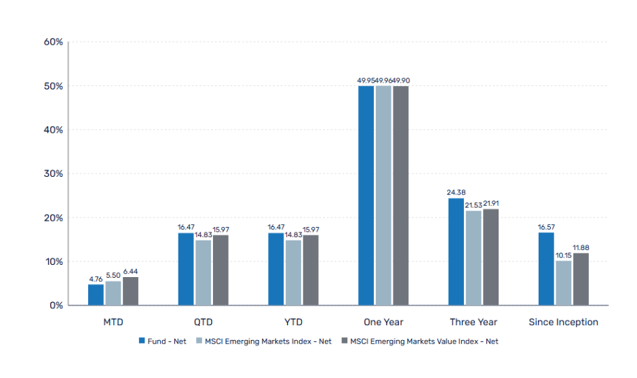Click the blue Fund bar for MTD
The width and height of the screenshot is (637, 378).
tap(96, 295)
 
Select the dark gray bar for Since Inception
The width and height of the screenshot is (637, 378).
tap(581, 279)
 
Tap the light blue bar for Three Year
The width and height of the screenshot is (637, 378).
tap(474, 258)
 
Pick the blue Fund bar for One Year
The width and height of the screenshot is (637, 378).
tap(366, 196)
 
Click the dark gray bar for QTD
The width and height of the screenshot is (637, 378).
tap(220, 270)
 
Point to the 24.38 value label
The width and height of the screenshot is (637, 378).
tap(456, 192)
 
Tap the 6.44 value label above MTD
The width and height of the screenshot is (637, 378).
tap(131, 271)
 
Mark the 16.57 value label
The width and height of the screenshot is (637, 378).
tap(546, 227)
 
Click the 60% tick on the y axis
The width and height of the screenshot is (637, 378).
tap(53, 42)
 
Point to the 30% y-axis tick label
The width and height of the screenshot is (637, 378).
tap(53, 173)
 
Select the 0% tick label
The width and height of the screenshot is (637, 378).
tap(56, 306)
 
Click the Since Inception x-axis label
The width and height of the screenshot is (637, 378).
tap(563, 322)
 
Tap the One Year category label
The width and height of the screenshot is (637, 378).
tap(383, 322)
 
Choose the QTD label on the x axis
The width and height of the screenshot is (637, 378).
tap(203, 322)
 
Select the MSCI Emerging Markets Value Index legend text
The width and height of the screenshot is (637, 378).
tap(424, 341)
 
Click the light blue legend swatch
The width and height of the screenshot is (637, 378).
tap(199, 341)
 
